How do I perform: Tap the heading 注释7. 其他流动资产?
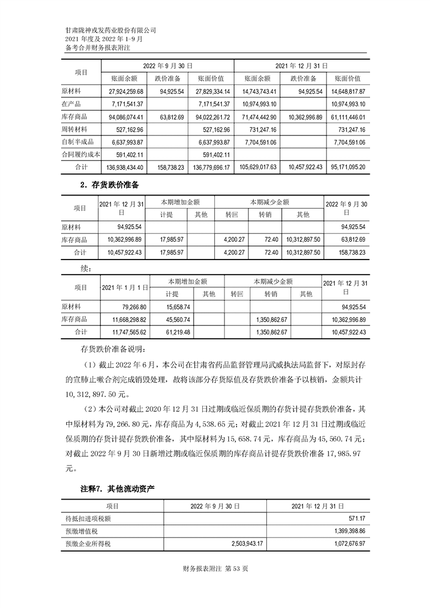117,489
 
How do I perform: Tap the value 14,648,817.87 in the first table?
348,91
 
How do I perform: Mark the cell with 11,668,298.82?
126,320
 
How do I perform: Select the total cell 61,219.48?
171,332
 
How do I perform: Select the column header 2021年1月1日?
125,287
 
